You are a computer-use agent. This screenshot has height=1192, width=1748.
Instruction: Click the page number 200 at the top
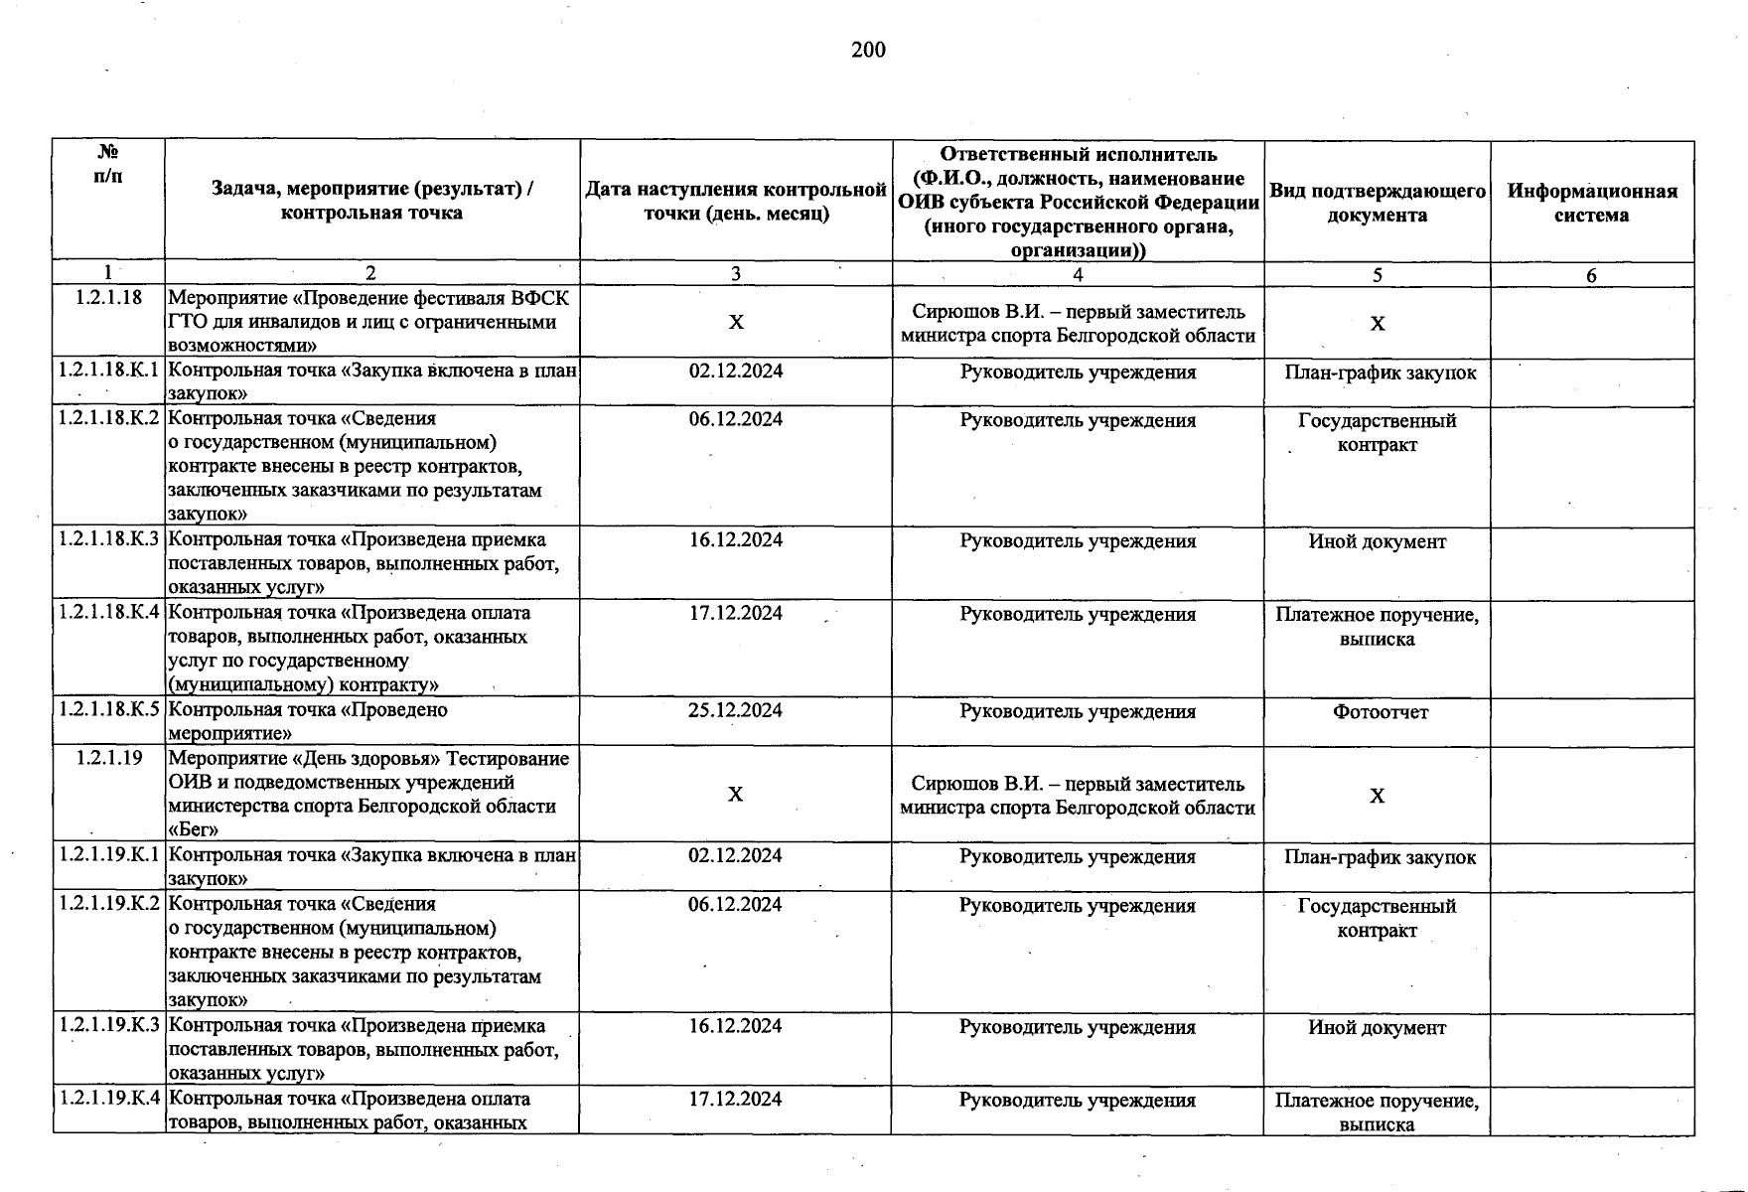click(x=868, y=51)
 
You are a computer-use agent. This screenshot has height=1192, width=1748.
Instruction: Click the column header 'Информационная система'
click(x=1591, y=203)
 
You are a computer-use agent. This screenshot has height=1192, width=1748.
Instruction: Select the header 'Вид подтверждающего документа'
click(x=1377, y=203)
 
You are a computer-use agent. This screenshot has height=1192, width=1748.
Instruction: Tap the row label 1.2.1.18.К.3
click(x=108, y=539)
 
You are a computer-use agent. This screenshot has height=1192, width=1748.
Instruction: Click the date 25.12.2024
click(x=735, y=710)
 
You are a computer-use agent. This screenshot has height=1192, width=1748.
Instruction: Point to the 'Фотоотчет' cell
click(x=1380, y=712)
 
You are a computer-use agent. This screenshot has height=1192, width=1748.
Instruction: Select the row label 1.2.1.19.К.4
click(x=108, y=1099)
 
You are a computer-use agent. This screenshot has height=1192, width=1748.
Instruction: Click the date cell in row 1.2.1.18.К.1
click(x=735, y=372)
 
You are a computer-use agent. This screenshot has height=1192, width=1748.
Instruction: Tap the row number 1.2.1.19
click(x=108, y=758)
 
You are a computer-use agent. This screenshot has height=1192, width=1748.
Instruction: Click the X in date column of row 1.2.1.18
click(x=735, y=323)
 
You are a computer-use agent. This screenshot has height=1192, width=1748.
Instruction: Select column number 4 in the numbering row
click(x=1078, y=275)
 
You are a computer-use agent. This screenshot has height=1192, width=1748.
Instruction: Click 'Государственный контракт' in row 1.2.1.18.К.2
click(x=1377, y=432)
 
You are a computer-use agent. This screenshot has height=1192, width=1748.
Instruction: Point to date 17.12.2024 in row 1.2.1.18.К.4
click(x=735, y=614)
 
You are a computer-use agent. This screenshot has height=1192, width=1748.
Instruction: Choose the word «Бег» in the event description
click(x=194, y=829)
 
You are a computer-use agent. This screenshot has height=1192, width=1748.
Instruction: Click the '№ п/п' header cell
click(x=108, y=164)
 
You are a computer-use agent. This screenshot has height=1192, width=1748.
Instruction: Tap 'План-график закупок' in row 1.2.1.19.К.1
click(x=1380, y=857)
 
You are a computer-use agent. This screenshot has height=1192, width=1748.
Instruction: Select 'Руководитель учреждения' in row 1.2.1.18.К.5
click(x=1078, y=712)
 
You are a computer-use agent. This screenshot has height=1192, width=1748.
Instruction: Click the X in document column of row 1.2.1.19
click(x=1377, y=796)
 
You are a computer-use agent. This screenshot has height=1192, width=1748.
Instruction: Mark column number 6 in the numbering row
click(x=1591, y=276)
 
